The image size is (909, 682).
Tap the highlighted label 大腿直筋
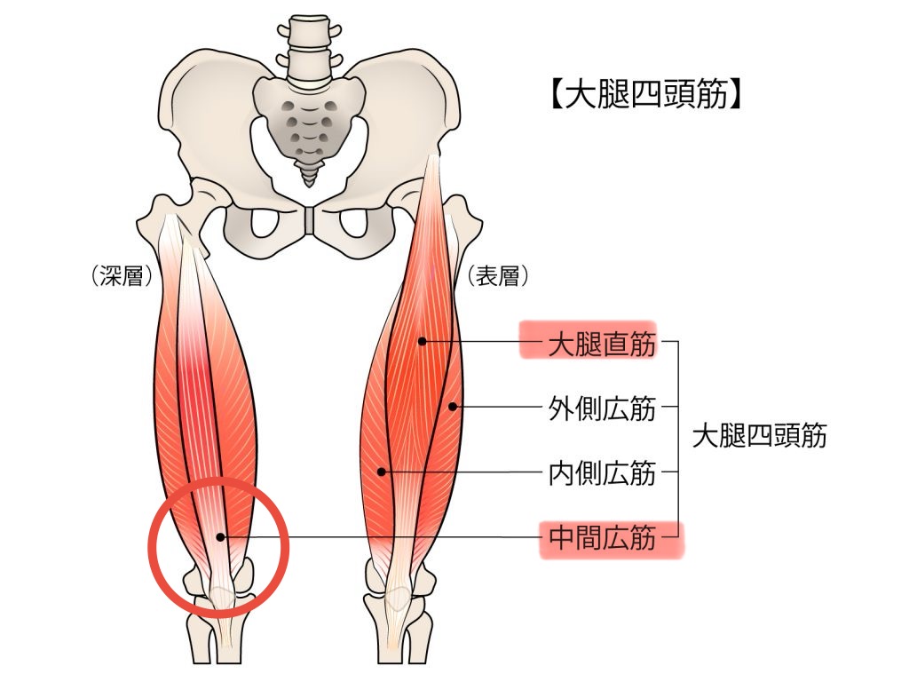(x=602, y=344)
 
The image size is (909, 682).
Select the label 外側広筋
(x=602, y=408)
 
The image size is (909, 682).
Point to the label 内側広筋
(x=602, y=473)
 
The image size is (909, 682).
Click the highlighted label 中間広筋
(x=602, y=537)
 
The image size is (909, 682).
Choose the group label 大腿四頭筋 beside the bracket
(x=760, y=435)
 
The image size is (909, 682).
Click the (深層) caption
(x=121, y=276)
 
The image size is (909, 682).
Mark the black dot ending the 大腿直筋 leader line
(x=422, y=342)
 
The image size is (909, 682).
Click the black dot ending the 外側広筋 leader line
(x=453, y=407)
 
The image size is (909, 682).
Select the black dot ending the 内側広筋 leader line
(x=381, y=472)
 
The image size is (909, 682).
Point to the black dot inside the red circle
(x=220, y=537)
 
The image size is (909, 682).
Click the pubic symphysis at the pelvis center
(x=310, y=220)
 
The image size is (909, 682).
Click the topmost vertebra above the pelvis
(x=309, y=29)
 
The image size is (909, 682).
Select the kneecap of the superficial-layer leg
(x=397, y=599)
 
